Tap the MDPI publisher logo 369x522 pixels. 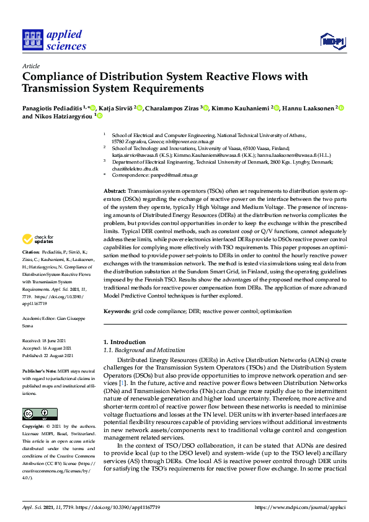pos(332,41)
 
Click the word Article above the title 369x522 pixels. pos(30,66)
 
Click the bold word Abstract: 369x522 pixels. pos(114,192)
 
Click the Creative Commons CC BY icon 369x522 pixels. pos(36,414)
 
